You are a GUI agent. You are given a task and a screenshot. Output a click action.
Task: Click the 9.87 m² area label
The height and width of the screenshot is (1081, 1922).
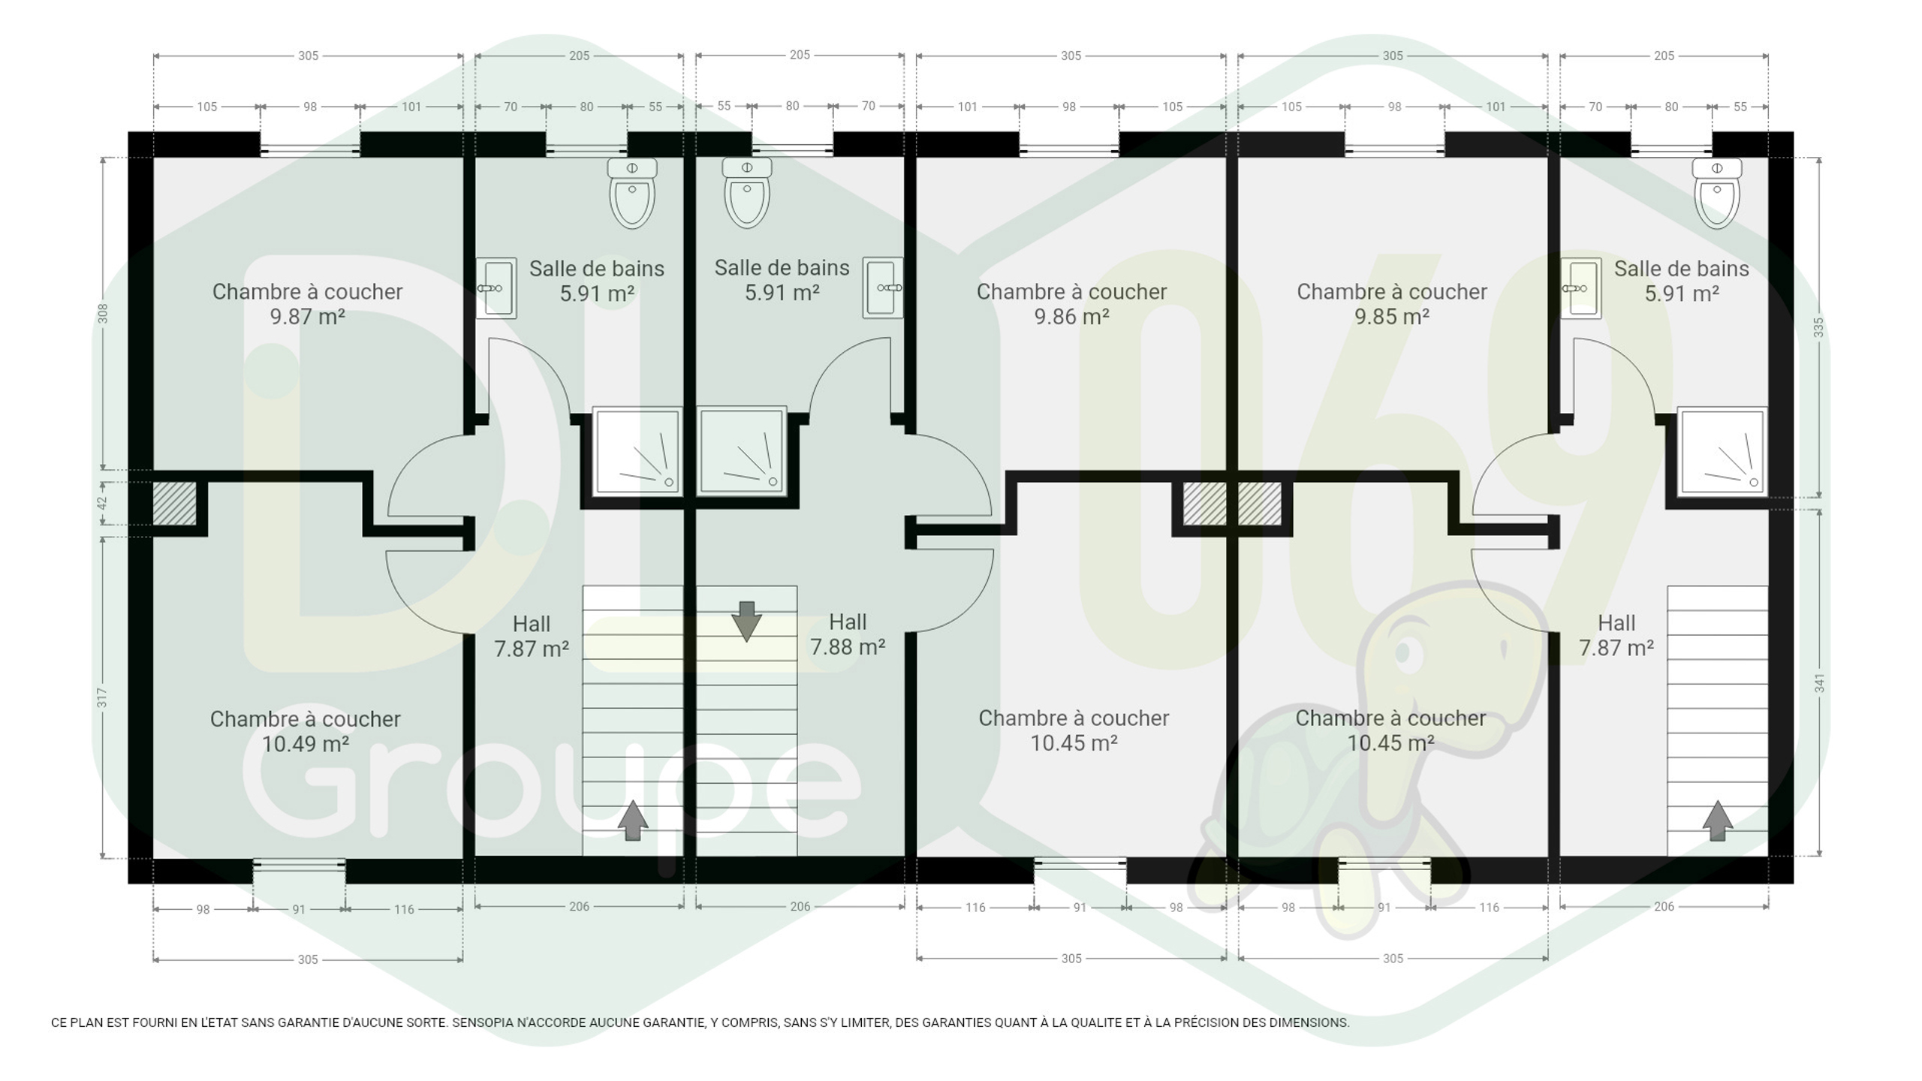point(307,317)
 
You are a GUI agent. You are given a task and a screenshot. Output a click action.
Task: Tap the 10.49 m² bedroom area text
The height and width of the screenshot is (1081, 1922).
point(306,744)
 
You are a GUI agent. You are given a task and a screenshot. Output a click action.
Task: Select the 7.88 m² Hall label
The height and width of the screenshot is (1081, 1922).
point(848,647)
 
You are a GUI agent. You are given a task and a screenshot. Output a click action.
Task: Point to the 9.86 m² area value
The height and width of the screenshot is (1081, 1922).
point(1071,317)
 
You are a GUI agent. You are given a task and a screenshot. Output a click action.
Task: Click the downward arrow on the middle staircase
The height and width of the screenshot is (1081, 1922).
point(746,621)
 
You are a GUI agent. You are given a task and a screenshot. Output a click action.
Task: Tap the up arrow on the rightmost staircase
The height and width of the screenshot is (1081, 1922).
point(1717,821)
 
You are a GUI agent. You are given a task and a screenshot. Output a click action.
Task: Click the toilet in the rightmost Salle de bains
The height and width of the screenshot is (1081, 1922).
point(1717,193)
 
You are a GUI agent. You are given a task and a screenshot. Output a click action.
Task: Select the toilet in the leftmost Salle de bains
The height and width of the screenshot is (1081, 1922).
point(632,193)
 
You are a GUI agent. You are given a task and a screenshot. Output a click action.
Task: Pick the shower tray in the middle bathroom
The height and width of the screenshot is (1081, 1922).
point(742,451)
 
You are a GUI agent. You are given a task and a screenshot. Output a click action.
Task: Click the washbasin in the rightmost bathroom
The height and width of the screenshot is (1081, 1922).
point(1580,288)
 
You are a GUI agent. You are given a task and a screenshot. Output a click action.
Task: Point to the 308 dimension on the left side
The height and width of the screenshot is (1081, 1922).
point(103,314)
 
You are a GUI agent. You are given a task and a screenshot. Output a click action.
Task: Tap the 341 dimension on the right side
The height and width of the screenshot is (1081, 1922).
point(1819,683)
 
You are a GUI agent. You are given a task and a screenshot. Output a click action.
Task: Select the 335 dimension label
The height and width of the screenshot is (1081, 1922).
point(1818,327)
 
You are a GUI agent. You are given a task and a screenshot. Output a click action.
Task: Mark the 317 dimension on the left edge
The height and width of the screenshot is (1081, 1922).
point(103,697)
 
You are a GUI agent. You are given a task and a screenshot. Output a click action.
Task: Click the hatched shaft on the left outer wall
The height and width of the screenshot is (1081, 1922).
point(175,503)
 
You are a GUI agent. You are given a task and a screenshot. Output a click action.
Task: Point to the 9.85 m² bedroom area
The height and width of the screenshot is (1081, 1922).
point(1392,317)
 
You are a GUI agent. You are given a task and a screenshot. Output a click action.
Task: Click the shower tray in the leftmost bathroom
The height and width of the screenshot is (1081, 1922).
point(637,451)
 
